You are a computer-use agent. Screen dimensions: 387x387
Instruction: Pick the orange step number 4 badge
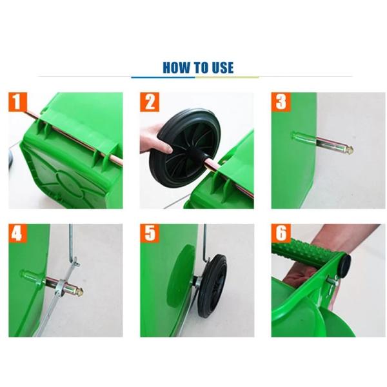(18, 233)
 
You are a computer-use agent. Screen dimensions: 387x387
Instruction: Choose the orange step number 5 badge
(150, 233)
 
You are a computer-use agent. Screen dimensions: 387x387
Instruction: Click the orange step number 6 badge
(281, 233)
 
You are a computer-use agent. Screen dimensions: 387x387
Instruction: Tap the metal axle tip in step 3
(348, 150)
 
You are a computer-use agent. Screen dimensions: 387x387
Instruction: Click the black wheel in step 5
(212, 284)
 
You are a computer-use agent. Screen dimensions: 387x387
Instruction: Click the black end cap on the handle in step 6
(346, 263)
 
